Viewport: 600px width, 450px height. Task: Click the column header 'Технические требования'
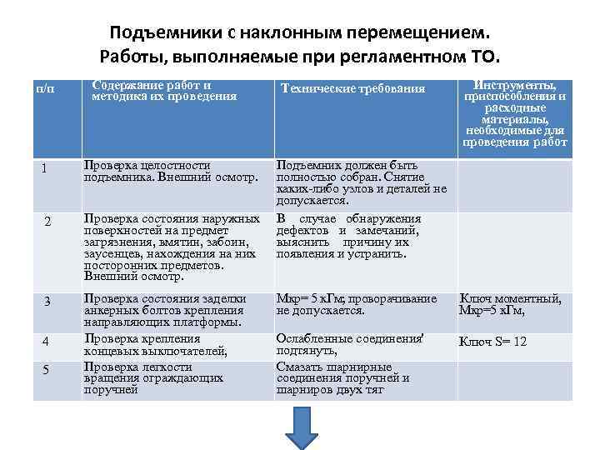click(x=353, y=88)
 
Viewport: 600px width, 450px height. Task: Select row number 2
click(x=47, y=222)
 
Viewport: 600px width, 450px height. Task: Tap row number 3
click(x=47, y=301)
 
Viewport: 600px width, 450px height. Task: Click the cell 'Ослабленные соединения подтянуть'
click(x=351, y=346)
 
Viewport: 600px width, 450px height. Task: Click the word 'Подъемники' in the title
click(x=163, y=32)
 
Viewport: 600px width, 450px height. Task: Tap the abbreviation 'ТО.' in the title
click(x=487, y=57)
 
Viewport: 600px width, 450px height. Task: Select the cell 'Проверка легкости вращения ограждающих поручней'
click(x=153, y=377)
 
